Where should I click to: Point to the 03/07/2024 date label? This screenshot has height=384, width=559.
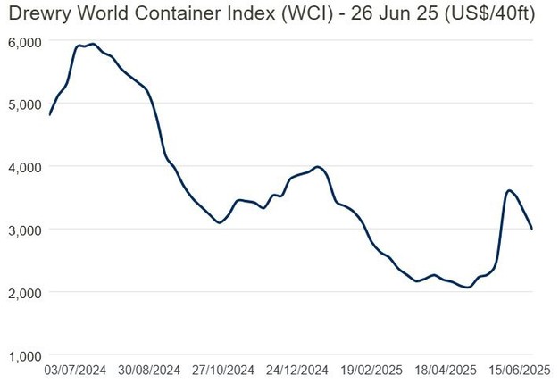[76, 369]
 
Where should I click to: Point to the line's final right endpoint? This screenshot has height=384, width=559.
[533, 229]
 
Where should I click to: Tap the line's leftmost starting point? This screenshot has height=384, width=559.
[50, 114]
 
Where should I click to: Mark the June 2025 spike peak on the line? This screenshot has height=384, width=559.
[509, 190]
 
